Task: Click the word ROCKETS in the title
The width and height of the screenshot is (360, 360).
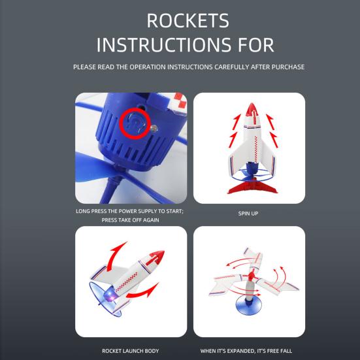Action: [x=188, y=20]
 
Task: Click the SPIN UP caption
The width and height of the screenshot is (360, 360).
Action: [x=249, y=212]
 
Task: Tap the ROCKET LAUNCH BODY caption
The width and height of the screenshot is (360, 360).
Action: [x=131, y=351]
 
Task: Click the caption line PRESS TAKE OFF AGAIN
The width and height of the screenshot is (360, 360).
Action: [x=131, y=220]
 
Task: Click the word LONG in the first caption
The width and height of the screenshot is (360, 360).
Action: [x=84, y=212]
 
